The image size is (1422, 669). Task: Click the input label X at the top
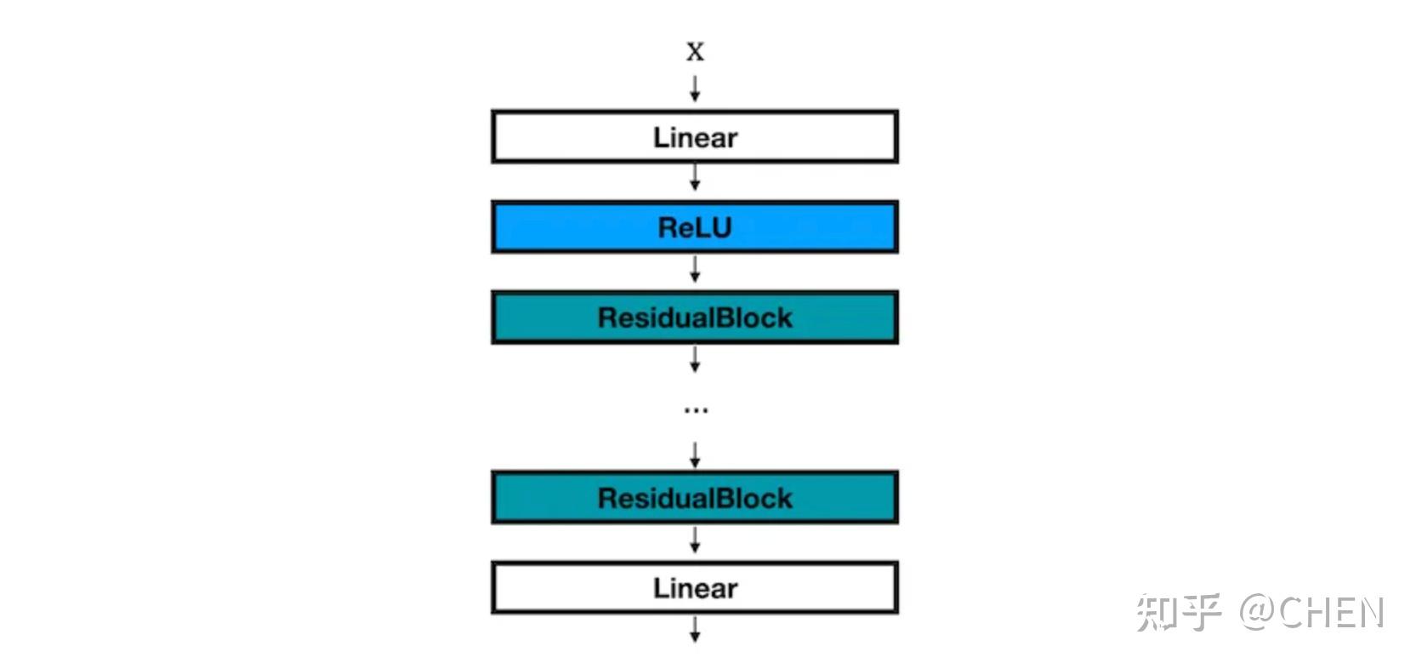pos(695,52)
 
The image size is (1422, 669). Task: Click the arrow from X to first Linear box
pos(695,89)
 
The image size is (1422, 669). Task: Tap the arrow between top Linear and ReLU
pos(695,178)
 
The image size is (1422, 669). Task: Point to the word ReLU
pos(695,227)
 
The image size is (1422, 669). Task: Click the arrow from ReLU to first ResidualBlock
pos(695,269)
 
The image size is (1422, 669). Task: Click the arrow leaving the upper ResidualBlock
pos(695,359)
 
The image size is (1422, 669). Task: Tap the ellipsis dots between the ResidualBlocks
pos(696,411)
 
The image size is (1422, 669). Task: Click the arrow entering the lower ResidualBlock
pos(695,455)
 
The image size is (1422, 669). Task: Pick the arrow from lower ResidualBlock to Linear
pos(695,540)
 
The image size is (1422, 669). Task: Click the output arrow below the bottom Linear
pos(695,630)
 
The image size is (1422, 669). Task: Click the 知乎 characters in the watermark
pos(1179,612)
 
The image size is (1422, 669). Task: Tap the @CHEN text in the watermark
pos(1311,612)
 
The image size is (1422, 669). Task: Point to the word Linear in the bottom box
pos(695,588)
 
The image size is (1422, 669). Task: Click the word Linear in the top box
pos(695,137)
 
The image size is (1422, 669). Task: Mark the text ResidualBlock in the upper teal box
pos(695,317)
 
